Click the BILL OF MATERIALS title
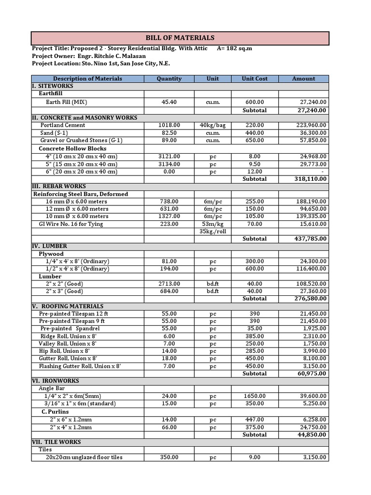[x=180, y=38]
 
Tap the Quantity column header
[x=169, y=78]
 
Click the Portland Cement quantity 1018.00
[x=169, y=125]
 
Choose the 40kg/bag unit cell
[x=213, y=125]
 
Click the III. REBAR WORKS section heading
[x=59, y=186]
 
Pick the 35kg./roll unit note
[x=213, y=231]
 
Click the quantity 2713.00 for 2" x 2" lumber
[x=169, y=284]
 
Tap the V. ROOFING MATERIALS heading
[x=68, y=306]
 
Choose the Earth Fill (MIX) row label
[x=67, y=102]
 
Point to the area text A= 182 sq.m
[x=235, y=48]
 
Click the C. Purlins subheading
[x=55, y=411]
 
